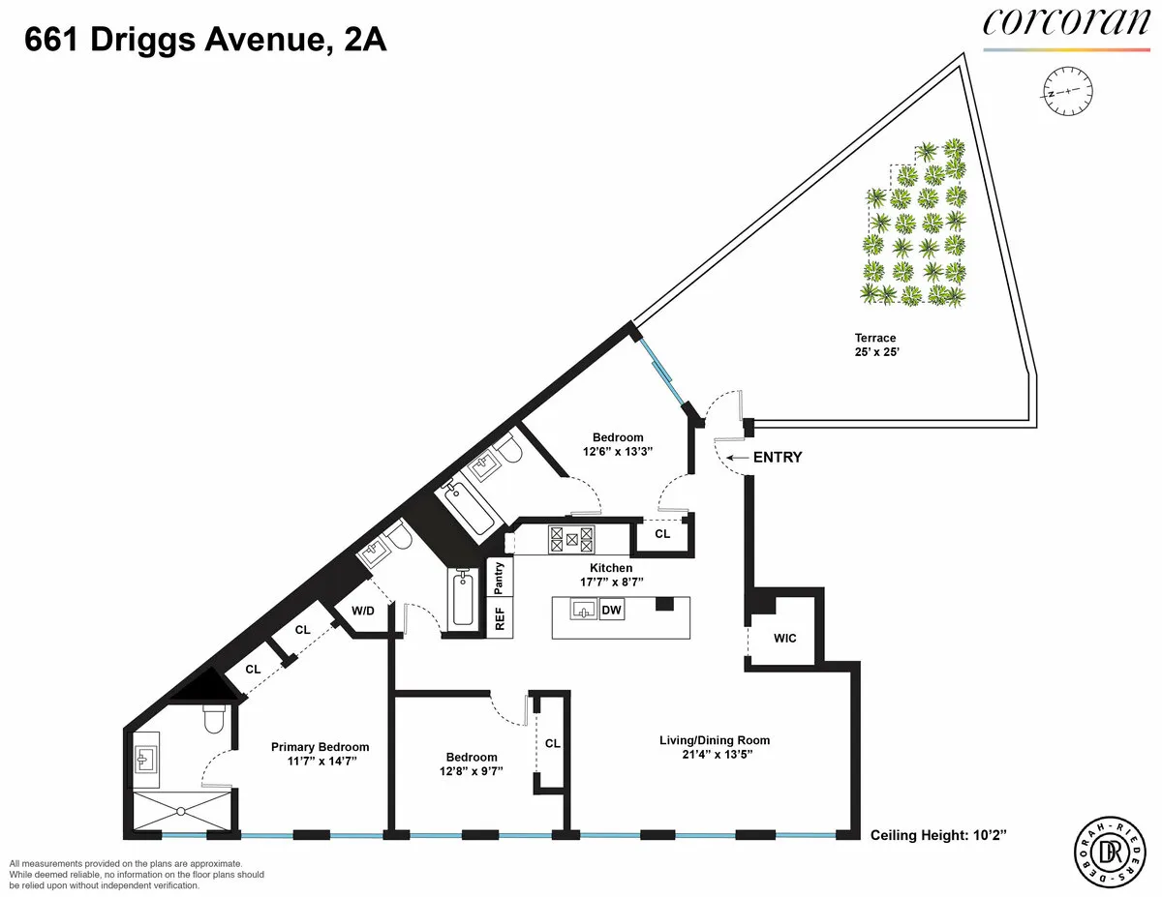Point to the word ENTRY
(778, 458)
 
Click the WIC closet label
(785, 639)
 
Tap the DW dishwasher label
(612, 611)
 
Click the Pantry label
(500, 578)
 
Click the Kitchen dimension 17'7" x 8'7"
(611, 582)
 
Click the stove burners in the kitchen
(571, 538)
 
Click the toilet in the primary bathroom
(213, 717)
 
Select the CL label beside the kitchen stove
(662, 533)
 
